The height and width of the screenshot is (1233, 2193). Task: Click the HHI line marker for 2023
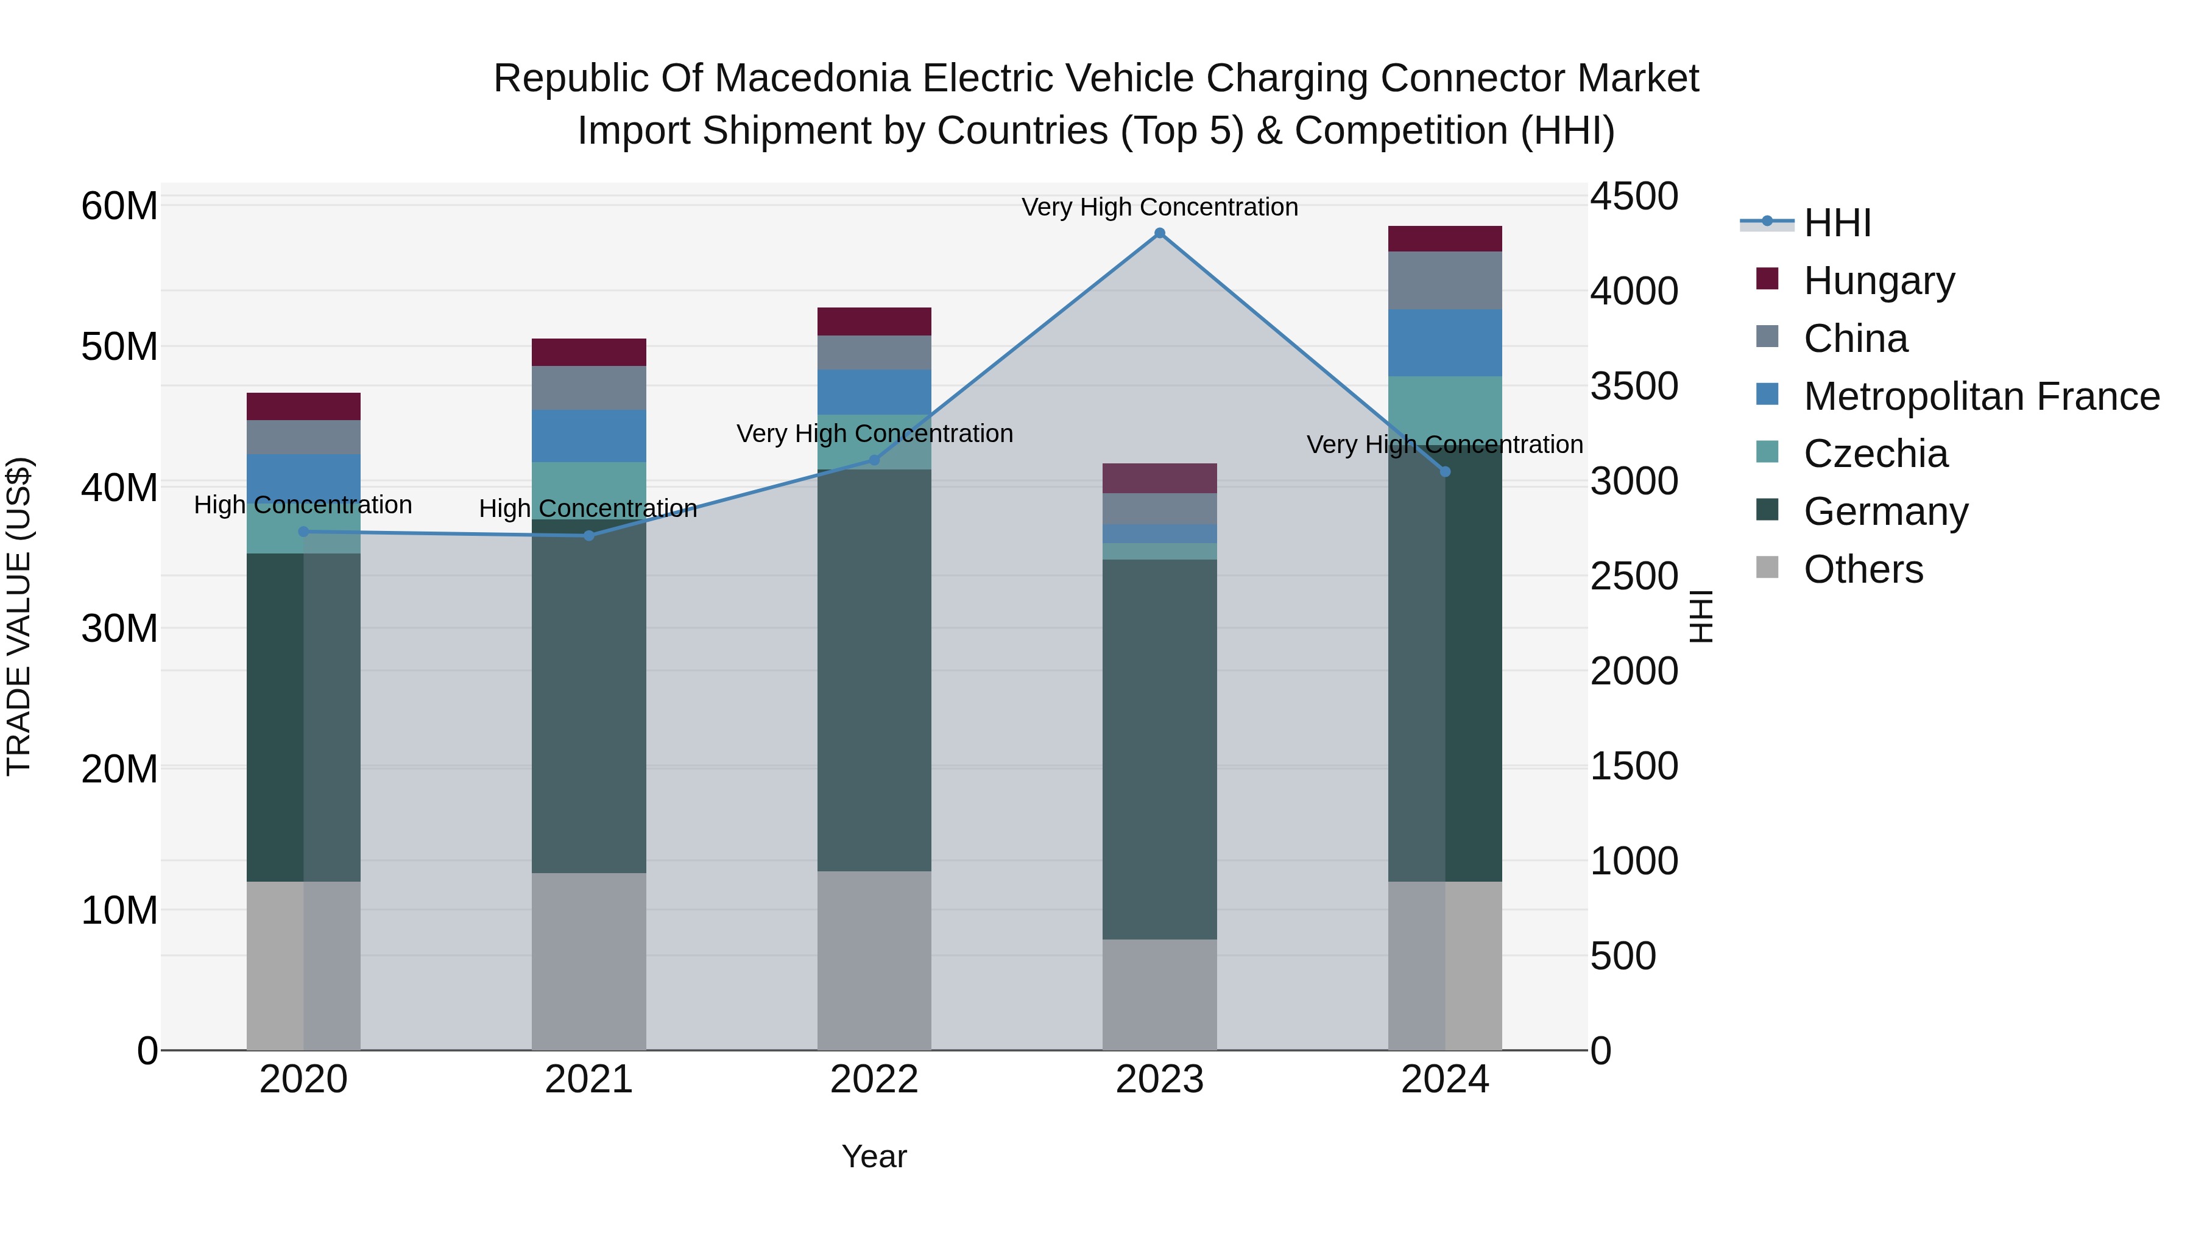point(1159,233)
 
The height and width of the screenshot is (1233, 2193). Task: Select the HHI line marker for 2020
point(304,532)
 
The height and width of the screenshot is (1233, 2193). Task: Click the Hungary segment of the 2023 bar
point(1159,478)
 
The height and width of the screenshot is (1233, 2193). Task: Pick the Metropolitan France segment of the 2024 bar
point(1445,343)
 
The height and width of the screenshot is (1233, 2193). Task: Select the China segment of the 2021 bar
point(588,388)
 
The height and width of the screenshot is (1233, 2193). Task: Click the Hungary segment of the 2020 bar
point(304,406)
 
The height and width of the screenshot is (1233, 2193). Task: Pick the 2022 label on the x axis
point(874,1080)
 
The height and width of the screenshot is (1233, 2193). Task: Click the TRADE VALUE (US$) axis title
point(19,616)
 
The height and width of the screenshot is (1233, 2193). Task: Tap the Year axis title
point(874,1156)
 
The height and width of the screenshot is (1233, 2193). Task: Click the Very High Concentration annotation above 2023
point(1159,207)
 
